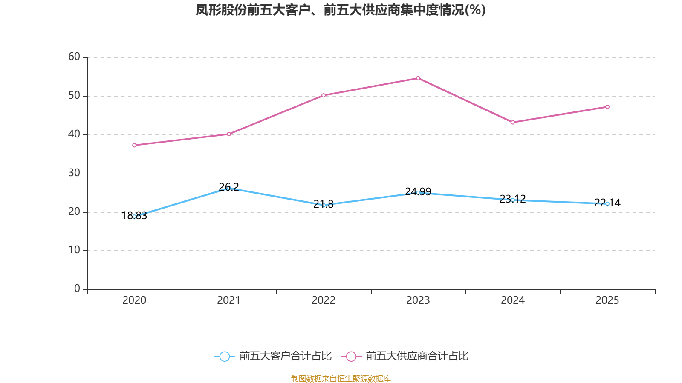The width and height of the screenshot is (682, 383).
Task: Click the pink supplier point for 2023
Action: pyautogui.click(x=418, y=78)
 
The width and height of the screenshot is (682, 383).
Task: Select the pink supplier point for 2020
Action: pyautogui.click(x=134, y=145)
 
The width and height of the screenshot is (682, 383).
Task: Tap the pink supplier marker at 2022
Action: pyautogui.click(x=324, y=95)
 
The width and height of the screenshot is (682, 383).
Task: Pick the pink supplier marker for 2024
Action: pyautogui.click(x=513, y=123)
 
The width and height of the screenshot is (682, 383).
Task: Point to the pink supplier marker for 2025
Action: pyautogui.click(x=607, y=107)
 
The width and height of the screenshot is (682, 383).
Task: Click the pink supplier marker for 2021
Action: pyautogui.click(x=229, y=134)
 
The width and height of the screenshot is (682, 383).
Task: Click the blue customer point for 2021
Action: pyautogui.click(x=228, y=188)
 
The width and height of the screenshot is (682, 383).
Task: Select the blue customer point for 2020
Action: pyautogui.click(x=134, y=217)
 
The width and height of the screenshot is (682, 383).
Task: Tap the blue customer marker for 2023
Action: pyautogui.click(x=418, y=193)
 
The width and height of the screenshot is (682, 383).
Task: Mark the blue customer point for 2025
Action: pyautogui.click(x=607, y=204)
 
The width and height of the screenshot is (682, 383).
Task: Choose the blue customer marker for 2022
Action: pyautogui.click(x=324, y=205)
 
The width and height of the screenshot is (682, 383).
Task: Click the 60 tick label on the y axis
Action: pyautogui.click(x=74, y=57)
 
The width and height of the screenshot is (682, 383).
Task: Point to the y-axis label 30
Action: pyautogui.click(x=74, y=173)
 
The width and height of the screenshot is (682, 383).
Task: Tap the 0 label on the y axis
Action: pyautogui.click(x=77, y=289)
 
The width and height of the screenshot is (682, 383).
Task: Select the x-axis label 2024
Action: pyautogui.click(x=512, y=300)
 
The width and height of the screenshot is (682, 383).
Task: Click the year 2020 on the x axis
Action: pyautogui.click(x=134, y=300)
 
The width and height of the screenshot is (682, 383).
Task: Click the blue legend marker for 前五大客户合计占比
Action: pyautogui.click(x=224, y=357)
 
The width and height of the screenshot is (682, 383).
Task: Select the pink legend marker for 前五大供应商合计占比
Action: pyautogui.click(x=351, y=357)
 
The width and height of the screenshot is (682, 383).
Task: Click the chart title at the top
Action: pyautogui.click(x=341, y=10)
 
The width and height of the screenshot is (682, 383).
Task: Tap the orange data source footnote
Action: pyautogui.click(x=341, y=378)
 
